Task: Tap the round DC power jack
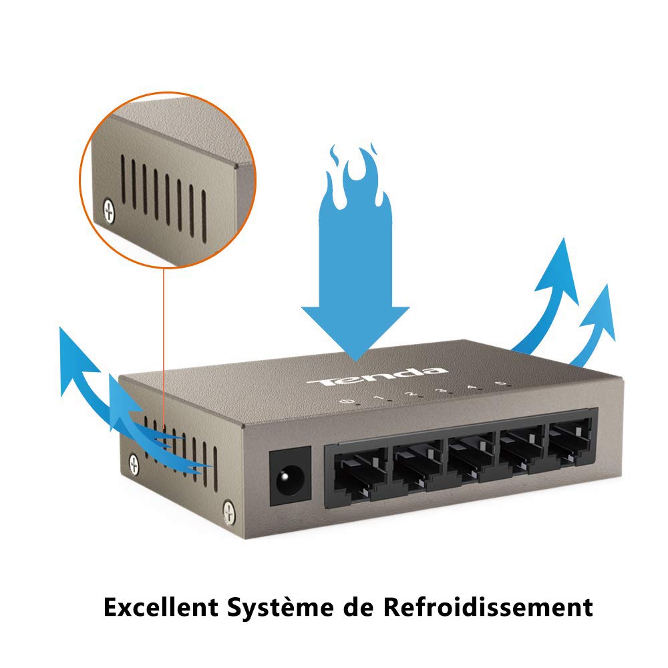289,478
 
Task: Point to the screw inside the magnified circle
109,211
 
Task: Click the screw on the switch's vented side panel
134,463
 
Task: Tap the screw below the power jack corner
228,512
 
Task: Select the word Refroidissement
488,609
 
